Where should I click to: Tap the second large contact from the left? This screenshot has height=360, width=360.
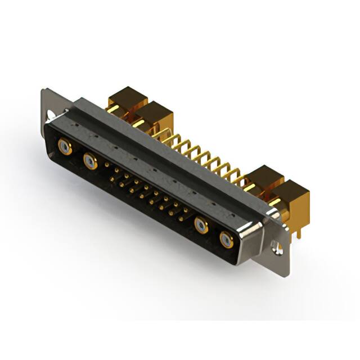click(x=90, y=162)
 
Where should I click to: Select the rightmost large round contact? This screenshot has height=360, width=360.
click(x=225, y=240)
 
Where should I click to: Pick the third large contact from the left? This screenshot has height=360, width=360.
click(x=201, y=226)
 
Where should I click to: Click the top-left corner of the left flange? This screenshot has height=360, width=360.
click(x=44, y=90)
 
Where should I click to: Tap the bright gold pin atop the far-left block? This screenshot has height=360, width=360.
click(x=113, y=109)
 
